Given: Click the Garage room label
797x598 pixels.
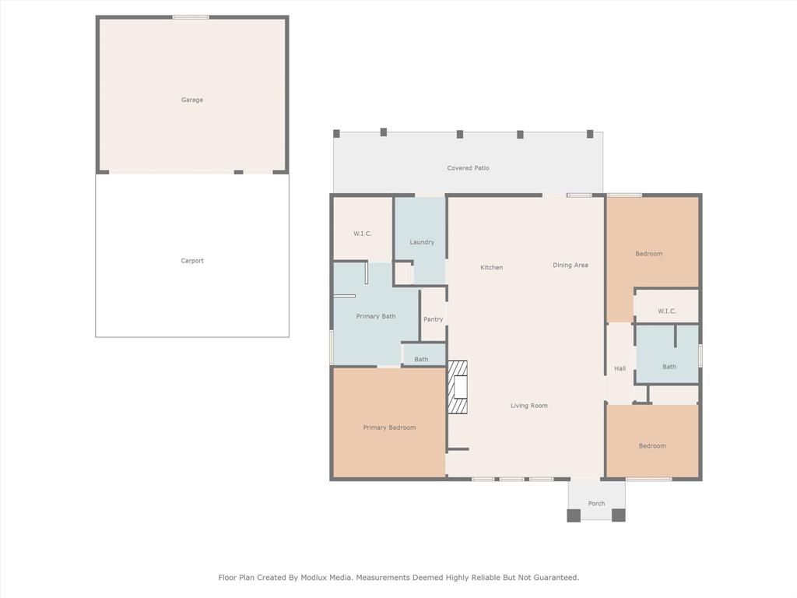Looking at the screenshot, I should click(x=192, y=100).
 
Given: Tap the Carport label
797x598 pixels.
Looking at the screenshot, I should click(x=192, y=261).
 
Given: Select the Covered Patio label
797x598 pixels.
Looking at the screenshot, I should click(x=468, y=168).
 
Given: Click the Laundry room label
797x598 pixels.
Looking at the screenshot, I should click(x=422, y=242).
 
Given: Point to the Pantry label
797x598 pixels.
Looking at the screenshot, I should click(x=434, y=319).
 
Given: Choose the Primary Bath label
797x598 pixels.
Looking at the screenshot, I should click(x=376, y=316).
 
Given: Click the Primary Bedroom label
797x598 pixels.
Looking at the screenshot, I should click(x=389, y=427).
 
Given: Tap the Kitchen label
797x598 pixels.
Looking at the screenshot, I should click(x=491, y=268).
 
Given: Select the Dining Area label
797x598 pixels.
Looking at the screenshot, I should click(x=571, y=265).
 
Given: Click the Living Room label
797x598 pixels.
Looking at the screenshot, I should click(x=529, y=406).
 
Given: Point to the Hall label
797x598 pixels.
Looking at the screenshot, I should click(x=620, y=368).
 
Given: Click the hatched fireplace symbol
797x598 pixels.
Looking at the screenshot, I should click(x=458, y=387).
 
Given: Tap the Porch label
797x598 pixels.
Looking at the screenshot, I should click(x=596, y=504).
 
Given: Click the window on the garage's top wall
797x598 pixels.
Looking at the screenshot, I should click(x=191, y=17).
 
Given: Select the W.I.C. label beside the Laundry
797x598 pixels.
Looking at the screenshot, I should click(x=363, y=234).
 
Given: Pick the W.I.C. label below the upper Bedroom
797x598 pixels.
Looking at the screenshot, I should click(x=666, y=311).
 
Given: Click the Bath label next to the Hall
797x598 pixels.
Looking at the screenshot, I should click(x=669, y=367).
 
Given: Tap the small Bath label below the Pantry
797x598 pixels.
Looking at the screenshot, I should click(x=421, y=360).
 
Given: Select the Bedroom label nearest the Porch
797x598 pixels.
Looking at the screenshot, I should click(x=652, y=446).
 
